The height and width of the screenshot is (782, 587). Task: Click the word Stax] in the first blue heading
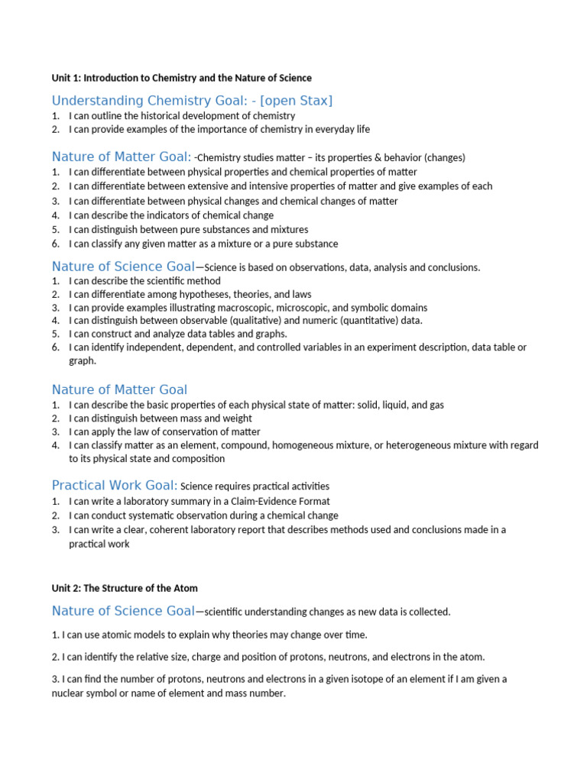coord(313,101)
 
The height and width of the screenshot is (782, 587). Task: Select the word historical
coord(154,115)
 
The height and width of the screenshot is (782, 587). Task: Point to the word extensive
coord(218,186)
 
